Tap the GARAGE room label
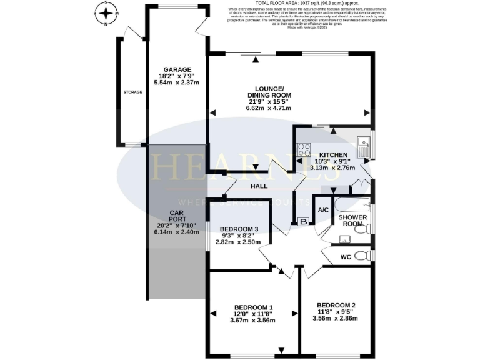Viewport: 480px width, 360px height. pyautogui.click(x=177, y=69)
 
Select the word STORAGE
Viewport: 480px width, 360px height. pyautogui.click(x=132, y=92)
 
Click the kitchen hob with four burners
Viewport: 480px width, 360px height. pyautogui.click(x=304, y=150)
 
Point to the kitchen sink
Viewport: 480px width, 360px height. pyautogui.click(x=363, y=148)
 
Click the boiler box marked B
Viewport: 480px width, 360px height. pyautogui.click(x=304, y=221)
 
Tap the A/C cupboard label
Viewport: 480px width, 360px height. pyautogui.click(x=324, y=211)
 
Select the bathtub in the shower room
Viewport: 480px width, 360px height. pyautogui.click(x=352, y=204)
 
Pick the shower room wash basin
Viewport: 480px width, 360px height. pyautogui.click(x=343, y=239)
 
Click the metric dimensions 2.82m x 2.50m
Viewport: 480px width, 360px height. pyautogui.click(x=237, y=242)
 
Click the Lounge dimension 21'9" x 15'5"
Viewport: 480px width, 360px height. pyautogui.click(x=269, y=101)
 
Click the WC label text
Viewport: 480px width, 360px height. pyautogui.click(x=346, y=257)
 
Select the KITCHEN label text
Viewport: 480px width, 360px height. pyautogui.click(x=333, y=154)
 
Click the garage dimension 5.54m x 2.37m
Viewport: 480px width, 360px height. pyautogui.click(x=177, y=84)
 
